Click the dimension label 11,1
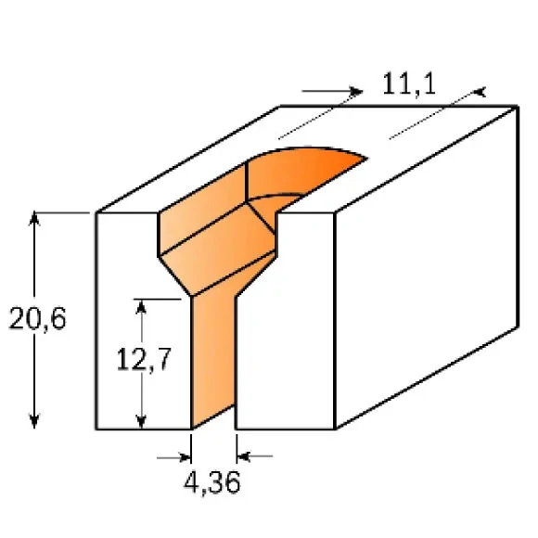point(409,86)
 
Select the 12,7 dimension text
point(143,358)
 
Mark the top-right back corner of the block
point(517,107)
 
